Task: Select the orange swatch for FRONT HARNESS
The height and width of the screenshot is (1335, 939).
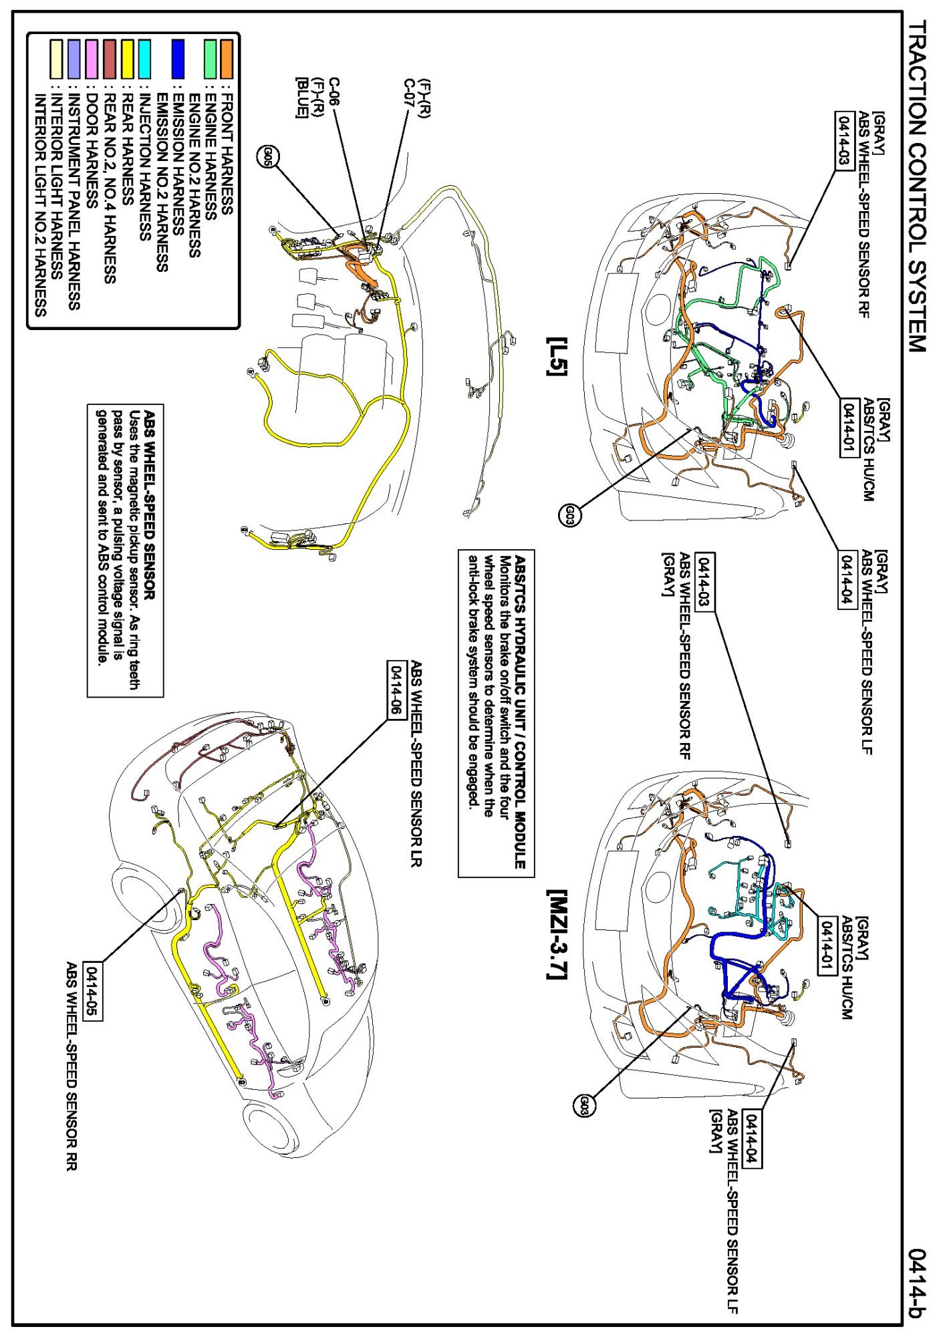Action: (227, 59)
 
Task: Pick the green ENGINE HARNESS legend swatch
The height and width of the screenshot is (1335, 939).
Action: (211, 59)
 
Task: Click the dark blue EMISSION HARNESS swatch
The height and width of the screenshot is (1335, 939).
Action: (177, 59)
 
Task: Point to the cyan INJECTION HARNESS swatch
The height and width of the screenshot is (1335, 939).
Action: (144, 59)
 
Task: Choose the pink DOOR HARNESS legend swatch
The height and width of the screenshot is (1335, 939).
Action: (92, 59)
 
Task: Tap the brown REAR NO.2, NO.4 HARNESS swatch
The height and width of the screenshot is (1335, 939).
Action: (110, 59)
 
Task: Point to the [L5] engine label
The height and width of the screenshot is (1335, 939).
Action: (555, 355)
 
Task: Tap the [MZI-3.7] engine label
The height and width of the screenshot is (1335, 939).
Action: (557, 933)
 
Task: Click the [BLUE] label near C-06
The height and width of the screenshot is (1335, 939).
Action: (302, 98)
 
